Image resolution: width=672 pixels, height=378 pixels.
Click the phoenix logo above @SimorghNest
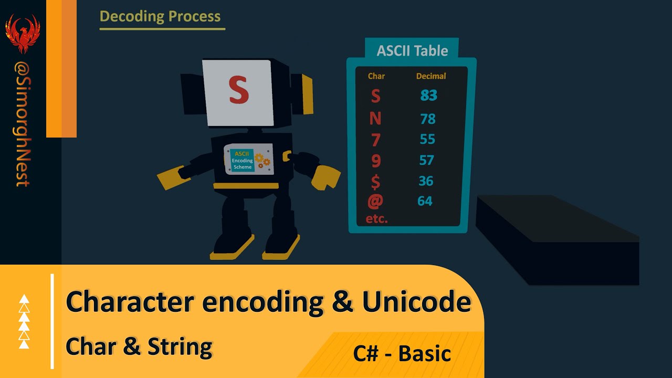[x=23, y=33]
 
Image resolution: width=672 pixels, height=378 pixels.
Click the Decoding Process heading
[x=160, y=16]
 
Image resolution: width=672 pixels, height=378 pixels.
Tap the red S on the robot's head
[x=238, y=90]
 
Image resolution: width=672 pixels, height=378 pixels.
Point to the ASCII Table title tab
[x=412, y=51]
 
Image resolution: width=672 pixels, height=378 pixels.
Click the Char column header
[x=376, y=76]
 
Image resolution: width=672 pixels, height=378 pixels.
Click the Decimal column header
[x=431, y=76]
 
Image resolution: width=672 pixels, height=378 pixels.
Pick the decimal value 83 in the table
[x=428, y=96]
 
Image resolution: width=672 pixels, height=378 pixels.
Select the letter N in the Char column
[x=375, y=119]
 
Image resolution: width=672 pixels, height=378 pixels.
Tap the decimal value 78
[x=427, y=119]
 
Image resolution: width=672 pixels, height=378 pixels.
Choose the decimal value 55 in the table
[x=427, y=140]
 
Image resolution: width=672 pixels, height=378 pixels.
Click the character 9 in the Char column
[x=375, y=161]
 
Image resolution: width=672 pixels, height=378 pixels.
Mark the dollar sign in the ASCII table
[x=375, y=182]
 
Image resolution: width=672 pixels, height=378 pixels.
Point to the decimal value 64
[x=425, y=201]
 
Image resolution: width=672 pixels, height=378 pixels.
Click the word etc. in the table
[x=376, y=219]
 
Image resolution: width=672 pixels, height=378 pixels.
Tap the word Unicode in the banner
[x=416, y=302]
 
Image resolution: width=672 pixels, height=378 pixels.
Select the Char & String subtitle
[x=139, y=346]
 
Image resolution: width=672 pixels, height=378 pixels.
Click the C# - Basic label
[x=402, y=353]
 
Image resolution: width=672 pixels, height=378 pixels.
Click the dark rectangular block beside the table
[x=556, y=236]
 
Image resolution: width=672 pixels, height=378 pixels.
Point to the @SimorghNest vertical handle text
[x=23, y=124]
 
